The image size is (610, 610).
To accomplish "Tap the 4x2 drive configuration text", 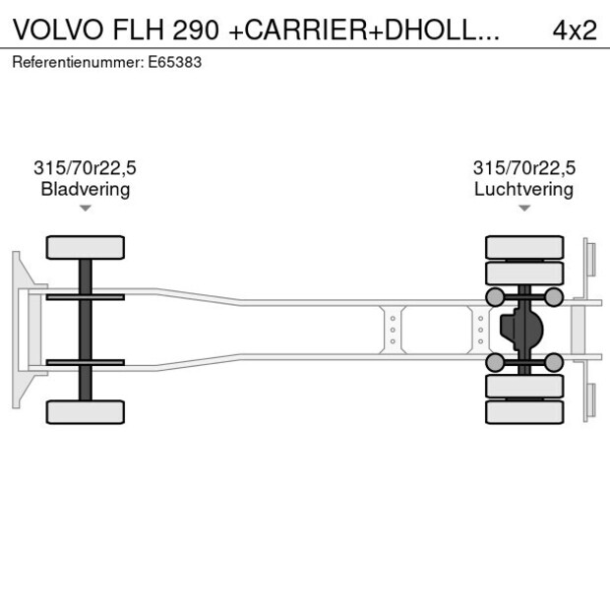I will coord(574,30).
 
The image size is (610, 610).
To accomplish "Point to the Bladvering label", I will coord(86,189).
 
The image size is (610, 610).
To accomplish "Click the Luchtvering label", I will coord(523,189).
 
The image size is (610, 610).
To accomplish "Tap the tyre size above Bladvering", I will coord(86,168).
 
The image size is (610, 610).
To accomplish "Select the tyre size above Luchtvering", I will coord(523,168).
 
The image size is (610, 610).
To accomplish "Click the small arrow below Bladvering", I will coord(86,208).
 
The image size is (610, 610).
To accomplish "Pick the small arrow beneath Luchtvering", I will coord(523,208).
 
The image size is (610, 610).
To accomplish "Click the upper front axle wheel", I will coord(86,247).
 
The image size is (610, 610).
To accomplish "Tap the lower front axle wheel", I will coord(86,411).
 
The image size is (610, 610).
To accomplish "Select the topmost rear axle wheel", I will coord(524,246).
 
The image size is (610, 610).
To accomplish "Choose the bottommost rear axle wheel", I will coord(524,411).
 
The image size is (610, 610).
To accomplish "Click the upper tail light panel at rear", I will coord(589,258).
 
